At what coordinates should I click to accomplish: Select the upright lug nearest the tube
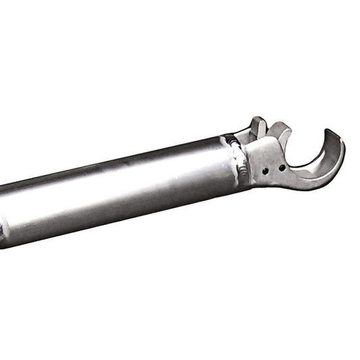click(258, 126)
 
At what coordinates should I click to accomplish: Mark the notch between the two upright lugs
click(269, 128)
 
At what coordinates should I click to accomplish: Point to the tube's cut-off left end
click(3, 216)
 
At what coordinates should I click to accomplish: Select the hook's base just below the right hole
click(284, 178)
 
